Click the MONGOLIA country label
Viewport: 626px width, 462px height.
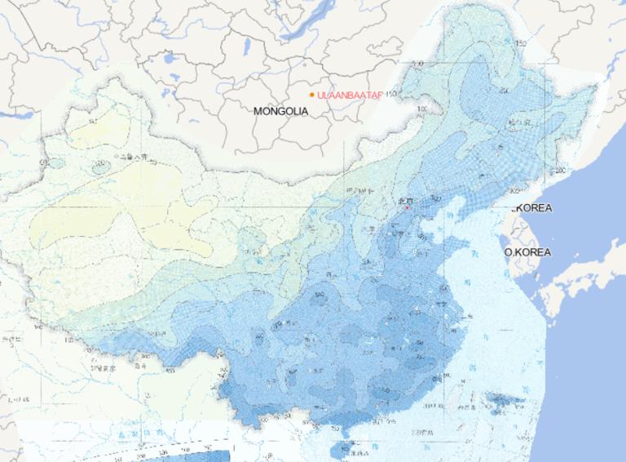280,111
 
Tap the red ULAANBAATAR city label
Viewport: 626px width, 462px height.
350,96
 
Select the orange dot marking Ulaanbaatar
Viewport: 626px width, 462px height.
312,95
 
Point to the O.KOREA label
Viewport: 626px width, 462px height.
527,252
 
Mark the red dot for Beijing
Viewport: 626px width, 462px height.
407,207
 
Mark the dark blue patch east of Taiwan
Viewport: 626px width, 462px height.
505,401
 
